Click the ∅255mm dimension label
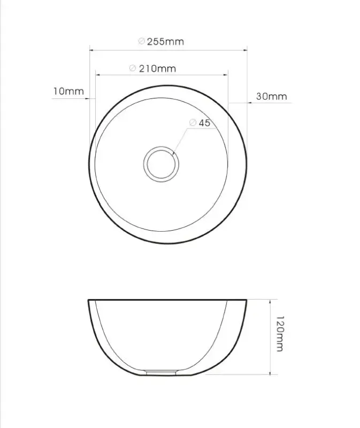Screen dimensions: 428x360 [161, 41]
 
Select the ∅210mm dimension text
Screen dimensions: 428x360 [152, 68]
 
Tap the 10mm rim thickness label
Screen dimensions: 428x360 [68, 91]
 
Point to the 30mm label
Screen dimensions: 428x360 [271, 96]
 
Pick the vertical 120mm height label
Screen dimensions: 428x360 [278, 332]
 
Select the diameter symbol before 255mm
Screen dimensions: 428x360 [141, 41]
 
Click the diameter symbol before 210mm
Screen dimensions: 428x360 [132, 68]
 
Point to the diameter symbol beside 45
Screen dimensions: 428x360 [193, 123]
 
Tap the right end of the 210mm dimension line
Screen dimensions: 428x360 [228, 75]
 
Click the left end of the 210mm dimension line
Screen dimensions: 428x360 [95, 75]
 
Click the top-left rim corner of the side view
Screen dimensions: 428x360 [89, 301]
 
